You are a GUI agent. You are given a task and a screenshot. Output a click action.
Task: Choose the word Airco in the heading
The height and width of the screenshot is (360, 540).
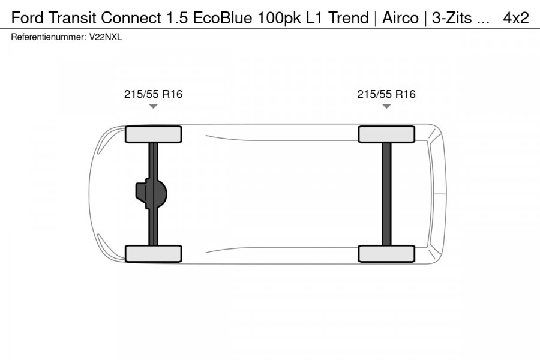[x=401, y=18]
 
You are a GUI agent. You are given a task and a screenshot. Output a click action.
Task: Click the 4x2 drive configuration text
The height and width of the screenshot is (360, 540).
[x=515, y=18]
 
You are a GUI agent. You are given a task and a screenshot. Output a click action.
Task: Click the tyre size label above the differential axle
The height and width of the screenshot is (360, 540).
[x=153, y=94]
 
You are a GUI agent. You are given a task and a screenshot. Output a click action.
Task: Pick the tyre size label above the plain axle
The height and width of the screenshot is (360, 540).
[x=386, y=94]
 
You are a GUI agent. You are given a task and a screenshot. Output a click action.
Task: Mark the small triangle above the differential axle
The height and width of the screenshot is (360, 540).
[x=153, y=106]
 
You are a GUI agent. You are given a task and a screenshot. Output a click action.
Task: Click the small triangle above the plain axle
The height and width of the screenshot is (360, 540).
[x=386, y=106]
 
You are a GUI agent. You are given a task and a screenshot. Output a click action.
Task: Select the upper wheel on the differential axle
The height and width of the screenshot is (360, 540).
[x=153, y=134]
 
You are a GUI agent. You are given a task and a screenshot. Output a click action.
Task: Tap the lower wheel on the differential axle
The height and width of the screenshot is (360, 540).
[x=153, y=253]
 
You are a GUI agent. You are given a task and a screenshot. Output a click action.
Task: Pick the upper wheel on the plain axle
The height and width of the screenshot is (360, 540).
[x=386, y=134]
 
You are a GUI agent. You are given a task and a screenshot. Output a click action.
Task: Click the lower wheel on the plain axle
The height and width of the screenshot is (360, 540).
[x=386, y=253]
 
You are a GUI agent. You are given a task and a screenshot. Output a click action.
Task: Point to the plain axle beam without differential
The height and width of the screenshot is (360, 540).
[x=386, y=194]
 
